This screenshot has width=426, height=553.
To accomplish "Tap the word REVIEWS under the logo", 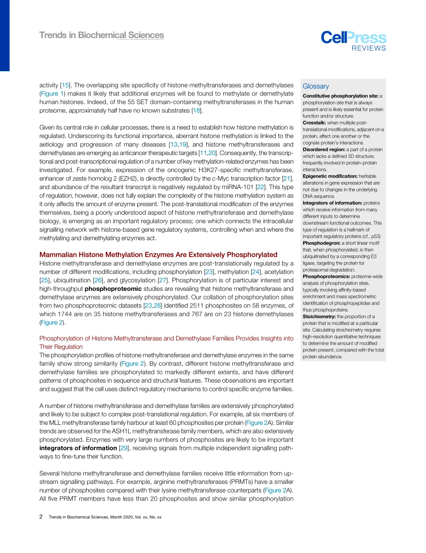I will click(368, 48).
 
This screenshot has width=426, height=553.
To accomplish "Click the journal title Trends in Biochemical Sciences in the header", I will click(101, 35).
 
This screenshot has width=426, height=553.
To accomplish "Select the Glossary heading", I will click(316, 86).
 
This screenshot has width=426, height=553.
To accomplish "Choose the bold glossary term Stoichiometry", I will click(319, 316).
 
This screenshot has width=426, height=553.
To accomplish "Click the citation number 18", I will click(195, 110).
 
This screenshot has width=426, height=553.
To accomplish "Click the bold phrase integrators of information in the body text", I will click(78, 448).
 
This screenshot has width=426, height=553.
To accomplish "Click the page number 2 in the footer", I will click(41, 517).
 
